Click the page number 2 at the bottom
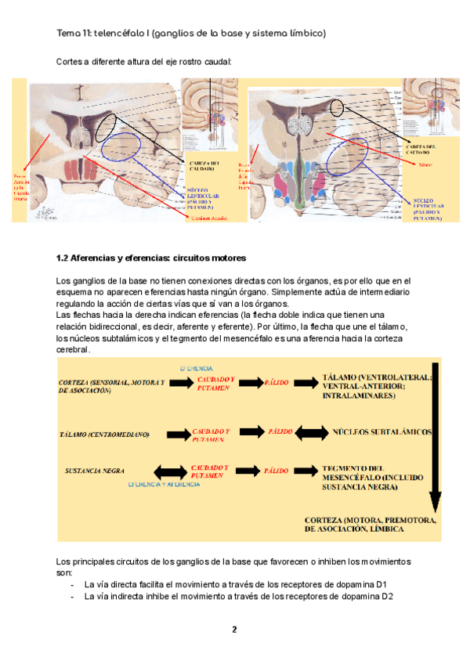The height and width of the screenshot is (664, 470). click(x=233, y=630)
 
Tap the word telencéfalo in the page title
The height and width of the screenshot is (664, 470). click(x=122, y=34)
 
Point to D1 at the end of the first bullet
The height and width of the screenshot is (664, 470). click(x=380, y=584)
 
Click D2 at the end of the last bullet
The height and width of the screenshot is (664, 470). click(x=386, y=597)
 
